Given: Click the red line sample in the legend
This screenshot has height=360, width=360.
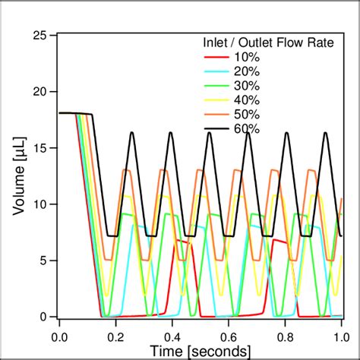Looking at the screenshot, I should [x=216, y=56].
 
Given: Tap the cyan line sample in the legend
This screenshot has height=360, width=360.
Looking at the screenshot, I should [x=216, y=71].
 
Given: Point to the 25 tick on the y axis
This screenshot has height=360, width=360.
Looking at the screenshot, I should [x=41, y=36].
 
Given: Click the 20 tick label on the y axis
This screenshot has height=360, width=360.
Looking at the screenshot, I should [x=41, y=92].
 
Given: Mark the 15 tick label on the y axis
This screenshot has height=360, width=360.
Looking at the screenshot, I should [x=41, y=148].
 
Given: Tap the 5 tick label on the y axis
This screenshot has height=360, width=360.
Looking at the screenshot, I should [x=45, y=261].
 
